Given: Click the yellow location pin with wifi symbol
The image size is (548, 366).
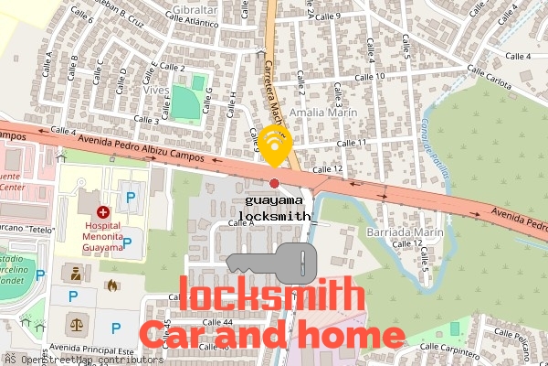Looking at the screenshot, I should point(275,145).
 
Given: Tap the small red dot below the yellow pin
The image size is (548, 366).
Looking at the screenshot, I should point(274,184).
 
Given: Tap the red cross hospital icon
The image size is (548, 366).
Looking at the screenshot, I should point(102,211).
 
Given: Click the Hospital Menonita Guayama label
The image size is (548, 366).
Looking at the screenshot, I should point(103,235).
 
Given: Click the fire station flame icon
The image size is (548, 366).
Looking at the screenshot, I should point(112,285).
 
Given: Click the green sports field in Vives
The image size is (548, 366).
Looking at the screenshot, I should point(186,105).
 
